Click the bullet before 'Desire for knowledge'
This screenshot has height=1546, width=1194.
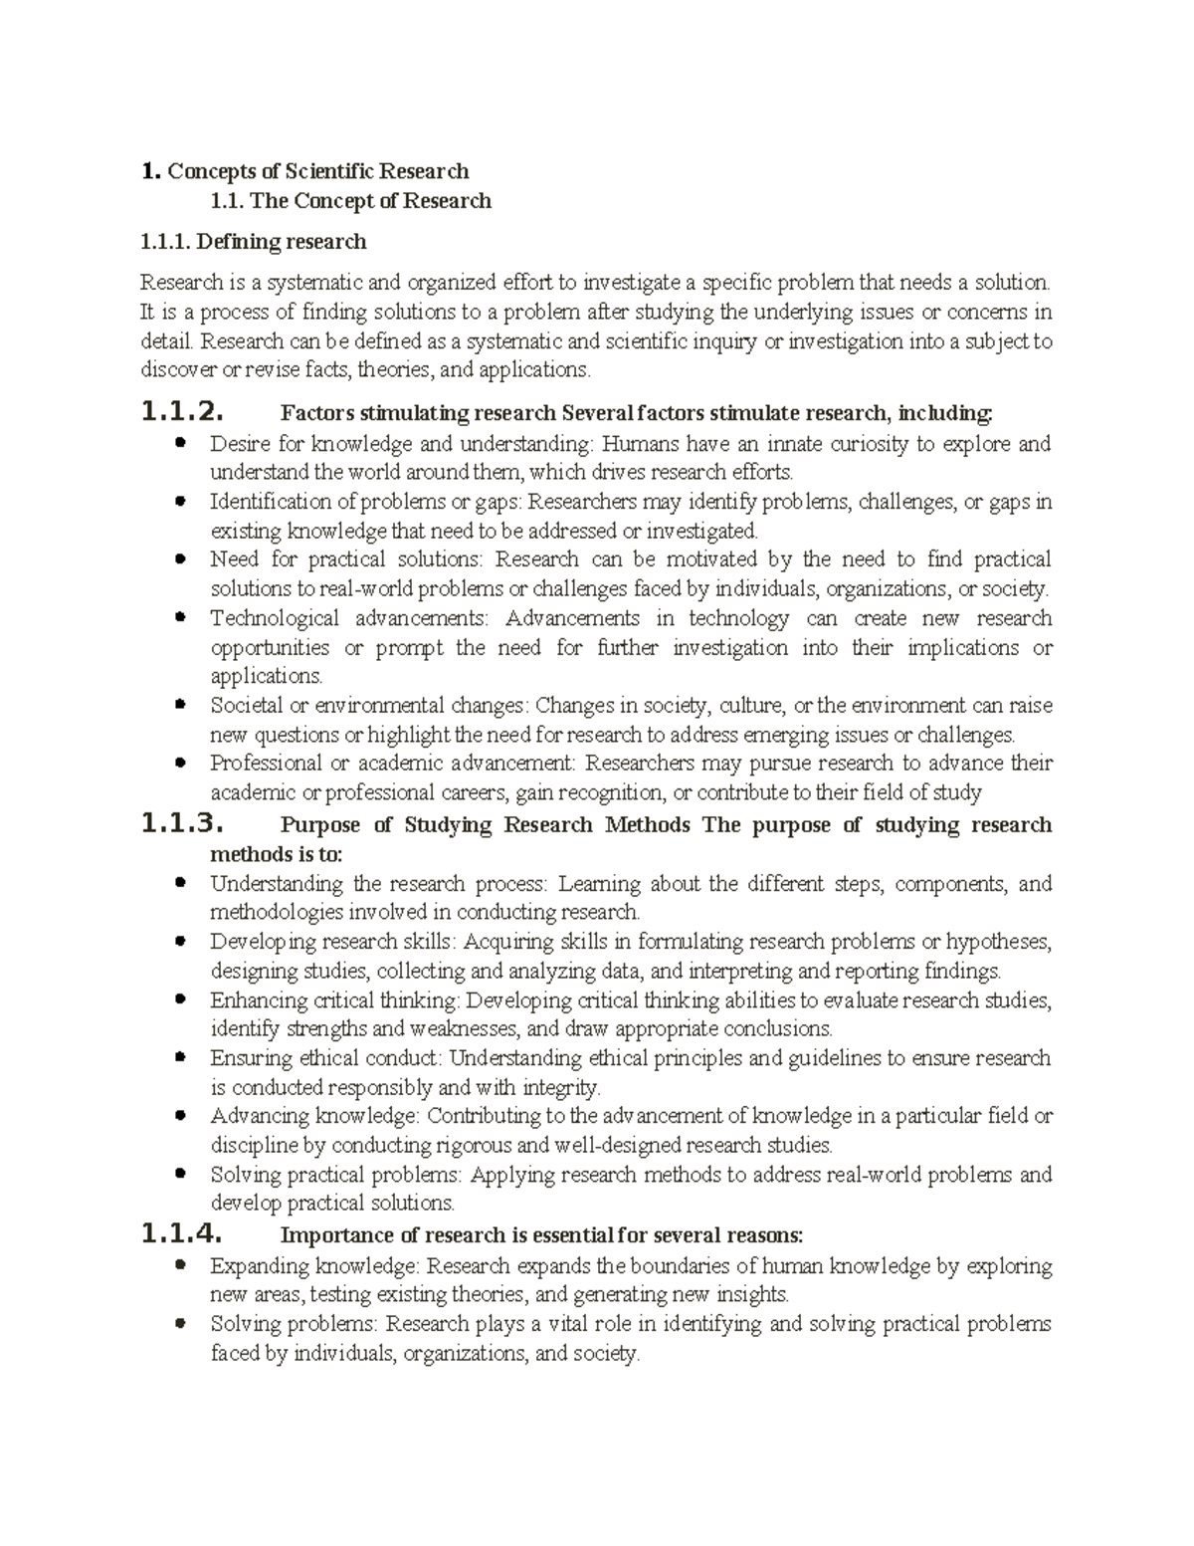[x=180, y=443]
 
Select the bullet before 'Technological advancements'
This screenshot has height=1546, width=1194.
[x=180, y=618]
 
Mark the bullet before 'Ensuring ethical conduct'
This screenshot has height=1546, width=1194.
[x=180, y=1057]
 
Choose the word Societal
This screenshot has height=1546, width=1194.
[x=246, y=706]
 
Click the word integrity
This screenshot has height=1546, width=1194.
[x=562, y=1087]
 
